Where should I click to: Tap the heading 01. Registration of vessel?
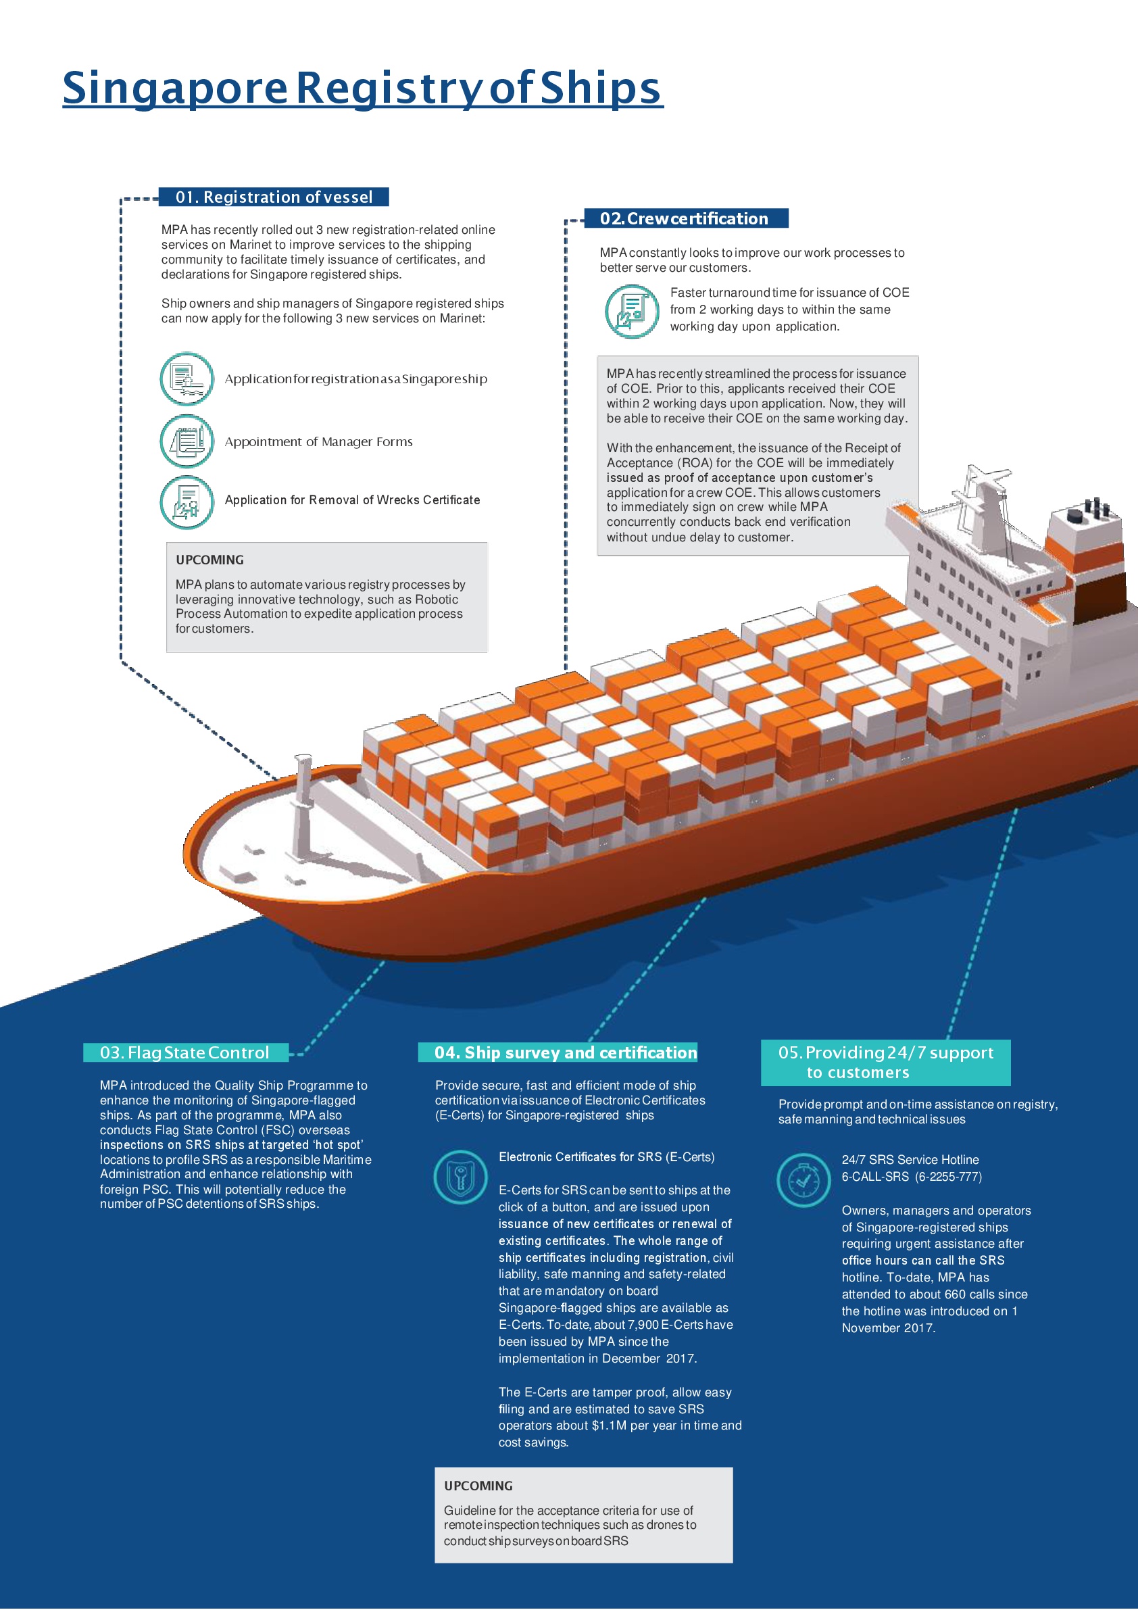(x=274, y=197)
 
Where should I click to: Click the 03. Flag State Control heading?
(x=185, y=1052)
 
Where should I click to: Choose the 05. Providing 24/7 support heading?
(x=885, y=1063)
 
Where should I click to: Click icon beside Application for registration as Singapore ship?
(x=187, y=379)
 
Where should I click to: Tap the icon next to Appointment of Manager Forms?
(x=187, y=441)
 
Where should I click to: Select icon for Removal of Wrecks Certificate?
(x=187, y=502)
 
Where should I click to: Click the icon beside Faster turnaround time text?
(x=632, y=312)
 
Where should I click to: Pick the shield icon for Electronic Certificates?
(x=460, y=1177)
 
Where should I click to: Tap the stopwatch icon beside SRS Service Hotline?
(x=803, y=1180)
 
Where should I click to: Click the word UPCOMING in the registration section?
(x=209, y=560)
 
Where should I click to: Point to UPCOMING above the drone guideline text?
(x=478, y=1485)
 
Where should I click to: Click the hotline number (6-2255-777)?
(x=948, y=1177)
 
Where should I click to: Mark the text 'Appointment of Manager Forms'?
(x=318, y=442)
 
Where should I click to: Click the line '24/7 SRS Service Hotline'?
(x=910, y=1160)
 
